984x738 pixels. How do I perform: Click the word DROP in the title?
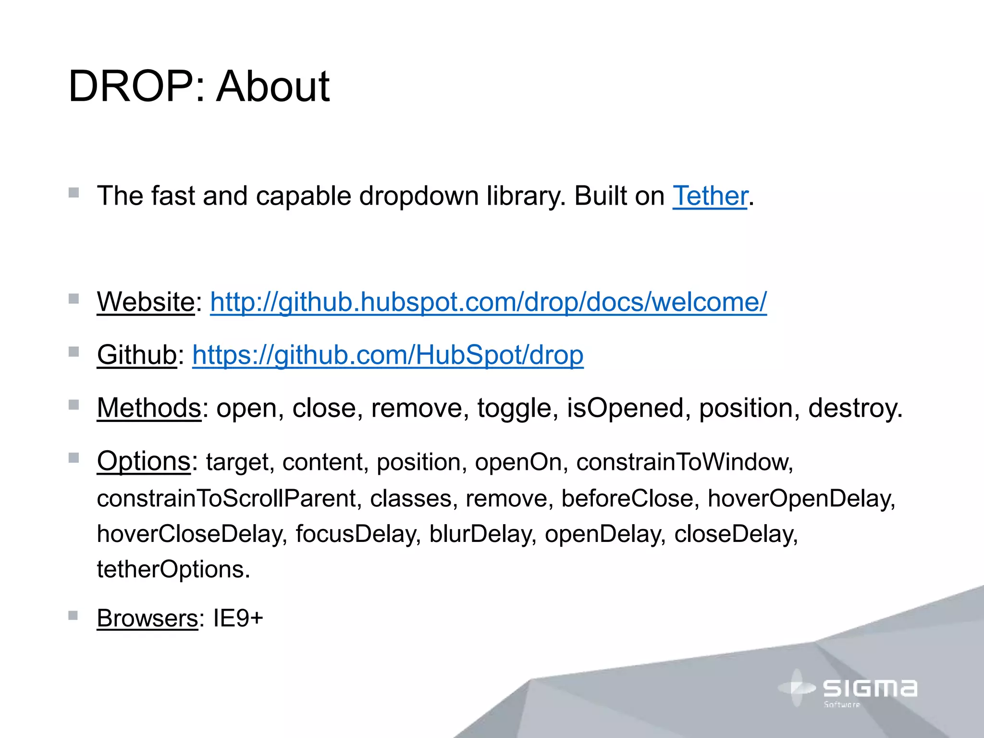pyautogui.click(x=130, y=86)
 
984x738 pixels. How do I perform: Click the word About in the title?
pyautogui.click(x=272, y=86)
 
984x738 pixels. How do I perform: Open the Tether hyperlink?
pyautogui.click(x=710, y=196)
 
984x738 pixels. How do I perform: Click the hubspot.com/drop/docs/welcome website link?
pyautogui.click(x=488, y=302)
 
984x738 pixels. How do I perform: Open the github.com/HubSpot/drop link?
pyautogui.click(x=388, y=355)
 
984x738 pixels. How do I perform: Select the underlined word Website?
pyautogui.click(x=146, y=302)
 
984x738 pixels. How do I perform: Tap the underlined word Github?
pyautogui.click(x=137, y=355)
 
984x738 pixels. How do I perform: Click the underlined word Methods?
pyautogui.click(x=149, y=408)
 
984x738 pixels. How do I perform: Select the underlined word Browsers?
pyautogui.click(x=147, y=618)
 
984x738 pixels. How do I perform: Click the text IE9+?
pyautogui.click(x=238, y=618)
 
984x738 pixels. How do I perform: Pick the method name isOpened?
pyautogui.click(x=625, y=408)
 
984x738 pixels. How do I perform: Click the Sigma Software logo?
pyautogui.click(x=848, y=689)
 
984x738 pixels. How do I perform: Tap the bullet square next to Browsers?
pyautogui.click(x=73, y=615)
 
